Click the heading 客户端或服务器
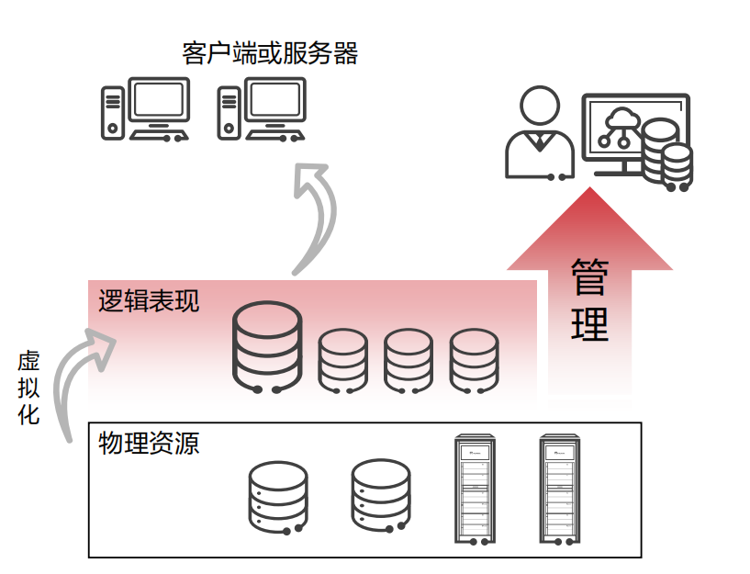pos(270,53)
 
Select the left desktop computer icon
pos(145,109)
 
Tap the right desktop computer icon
pos(261,109)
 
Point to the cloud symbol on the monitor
pos(621,118)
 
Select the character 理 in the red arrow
pos(589,323)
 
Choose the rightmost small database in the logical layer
pos(474,361)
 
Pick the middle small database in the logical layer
pos(408,361)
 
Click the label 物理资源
pos(149,444)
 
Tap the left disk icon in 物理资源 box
pos(278,497)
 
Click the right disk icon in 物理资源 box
pos(381,497)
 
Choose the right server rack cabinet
pos(560,490)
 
